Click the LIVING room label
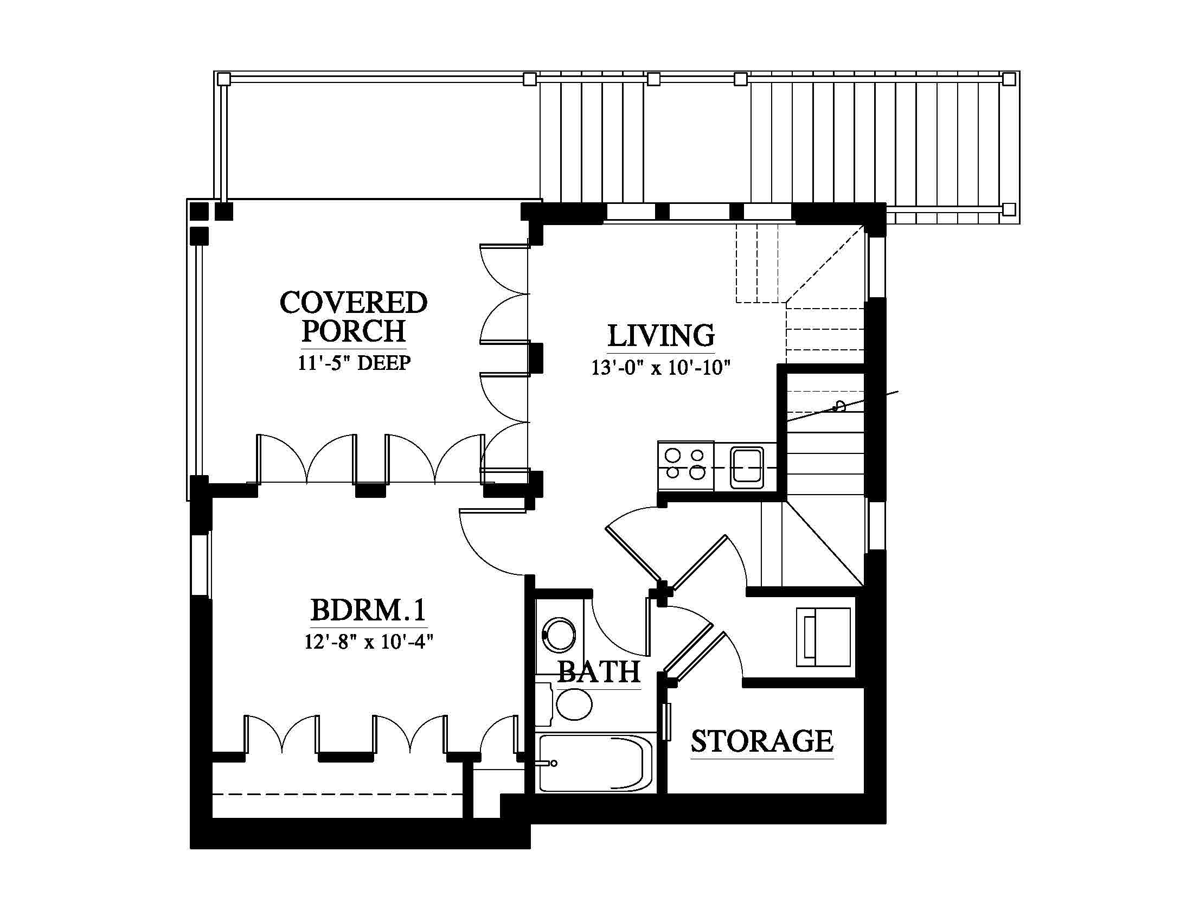661,336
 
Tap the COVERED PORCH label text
354,317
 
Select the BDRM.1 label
368,610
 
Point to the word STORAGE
762,741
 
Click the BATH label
599,672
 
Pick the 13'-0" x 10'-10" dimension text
661,368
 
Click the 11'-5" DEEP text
354,363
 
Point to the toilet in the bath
568,704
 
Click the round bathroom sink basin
558,635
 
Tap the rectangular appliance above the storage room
824,637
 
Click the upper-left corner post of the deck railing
223,79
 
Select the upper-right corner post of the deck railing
1009,79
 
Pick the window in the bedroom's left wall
201,565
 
